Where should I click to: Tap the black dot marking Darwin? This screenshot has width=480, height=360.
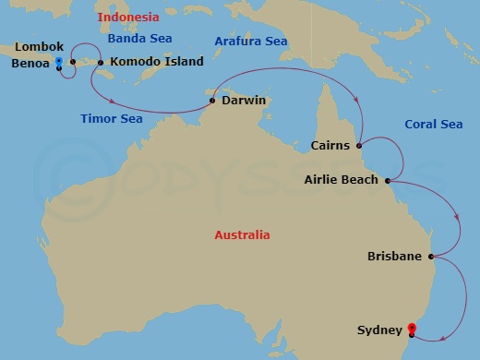pyautogui.click(x=212, y=101)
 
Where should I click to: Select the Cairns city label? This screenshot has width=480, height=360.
pyautogui.click(x=331, y=145)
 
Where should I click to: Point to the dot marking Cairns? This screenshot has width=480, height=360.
pyautogui.click(x=359, y=144)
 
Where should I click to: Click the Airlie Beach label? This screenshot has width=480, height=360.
pyautogui.click(x=341, y=180)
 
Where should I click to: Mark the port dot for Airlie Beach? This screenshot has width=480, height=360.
pyautogui.click(x=388, y=180)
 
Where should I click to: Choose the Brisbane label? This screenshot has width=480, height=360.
pyautogui.click(x=394, y=256)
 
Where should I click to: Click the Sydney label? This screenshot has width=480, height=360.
pyautogui.click(x=379, y=330)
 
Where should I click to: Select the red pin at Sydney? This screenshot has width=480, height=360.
pyautogui.click(x=412, y=328)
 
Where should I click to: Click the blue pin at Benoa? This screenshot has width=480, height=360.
pyautogui.click(x=58, y=63)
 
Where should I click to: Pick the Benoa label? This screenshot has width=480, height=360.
pyautogui.click(x=30, y=66)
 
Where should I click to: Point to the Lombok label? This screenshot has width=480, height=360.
pyautogui.click(x=38, y=45)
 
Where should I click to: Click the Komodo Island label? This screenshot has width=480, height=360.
pyautogui.click(x=151, y=63)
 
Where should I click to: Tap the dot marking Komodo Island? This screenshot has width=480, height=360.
pyautogui.click(x=101, y=63)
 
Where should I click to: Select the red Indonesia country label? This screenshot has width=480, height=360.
pyautogui.click(x=128, y=17)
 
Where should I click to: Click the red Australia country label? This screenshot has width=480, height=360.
pyautogui.click(x=242, y=235)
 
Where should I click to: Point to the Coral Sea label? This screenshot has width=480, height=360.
pyautogui.click(x=433, y=125)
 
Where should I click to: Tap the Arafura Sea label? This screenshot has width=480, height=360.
pyautogui.click(x=251, y=42)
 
